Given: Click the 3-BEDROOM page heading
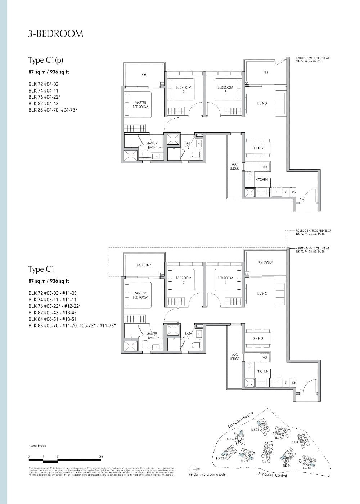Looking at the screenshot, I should click(x=55, y=34).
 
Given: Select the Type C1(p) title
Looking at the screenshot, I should click(x=43, y=60).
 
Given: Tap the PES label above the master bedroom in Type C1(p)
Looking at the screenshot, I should click(x=144, y=75).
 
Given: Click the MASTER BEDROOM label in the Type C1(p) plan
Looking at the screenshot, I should click(x=140, y=105).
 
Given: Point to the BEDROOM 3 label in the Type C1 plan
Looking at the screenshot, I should click(x=225, y=280).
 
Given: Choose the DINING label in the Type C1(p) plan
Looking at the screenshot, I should click(x=257, y=148).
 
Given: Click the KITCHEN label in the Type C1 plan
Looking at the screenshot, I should click(x=262, y=371).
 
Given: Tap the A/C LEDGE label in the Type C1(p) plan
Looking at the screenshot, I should click(x=234, y=166).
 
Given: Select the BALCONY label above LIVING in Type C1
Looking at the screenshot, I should click(x=265, y=263).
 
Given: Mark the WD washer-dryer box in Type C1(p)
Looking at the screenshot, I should click(x=265, y=167).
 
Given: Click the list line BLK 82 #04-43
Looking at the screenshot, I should click(x=43, y=104).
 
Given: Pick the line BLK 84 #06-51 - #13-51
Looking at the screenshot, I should click(x=53, y=319).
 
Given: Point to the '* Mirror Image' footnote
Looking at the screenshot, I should click(x=37, y=446).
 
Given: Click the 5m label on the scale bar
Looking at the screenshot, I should click(x=101, y=456).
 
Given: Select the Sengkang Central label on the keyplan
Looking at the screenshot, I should click(x=273, y=476).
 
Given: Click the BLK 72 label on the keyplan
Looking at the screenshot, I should click(x=220, y=458).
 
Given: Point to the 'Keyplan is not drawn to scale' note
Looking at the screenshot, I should click(x=207, y=474).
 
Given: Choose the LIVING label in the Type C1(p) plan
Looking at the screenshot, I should click(x=262, y=103).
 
